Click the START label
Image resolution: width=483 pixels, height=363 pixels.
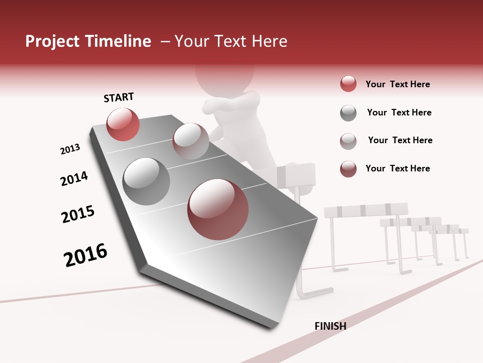(119, 97)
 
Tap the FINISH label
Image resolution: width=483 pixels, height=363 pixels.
(330, 326)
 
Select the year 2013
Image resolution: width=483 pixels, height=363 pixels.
(70, 149)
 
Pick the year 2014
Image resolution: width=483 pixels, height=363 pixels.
(74, 179)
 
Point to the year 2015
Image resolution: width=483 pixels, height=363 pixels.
(78, 214)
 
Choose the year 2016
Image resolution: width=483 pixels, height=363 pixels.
(86, 255)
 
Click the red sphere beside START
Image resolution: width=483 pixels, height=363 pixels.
(123, 125)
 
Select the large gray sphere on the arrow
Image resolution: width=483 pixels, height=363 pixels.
(146, 181)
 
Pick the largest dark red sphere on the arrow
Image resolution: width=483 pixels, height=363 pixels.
(218, 209)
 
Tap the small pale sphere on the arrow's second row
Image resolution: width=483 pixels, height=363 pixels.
(191, 141)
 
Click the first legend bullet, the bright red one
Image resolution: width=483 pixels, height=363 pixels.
(348, 84)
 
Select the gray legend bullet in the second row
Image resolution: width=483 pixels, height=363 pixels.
(348, 113)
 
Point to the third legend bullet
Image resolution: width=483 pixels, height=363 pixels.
(348, 141)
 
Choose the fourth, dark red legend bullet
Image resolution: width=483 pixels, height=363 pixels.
(348, 169)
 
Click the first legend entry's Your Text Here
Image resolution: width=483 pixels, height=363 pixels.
(397, 84)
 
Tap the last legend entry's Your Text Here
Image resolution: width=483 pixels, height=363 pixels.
(397, 168)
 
